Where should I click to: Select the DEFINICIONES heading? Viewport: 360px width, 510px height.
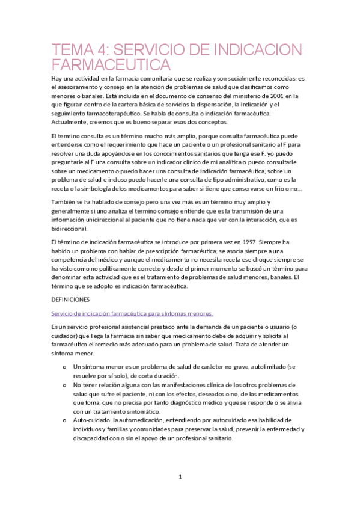[70, 299]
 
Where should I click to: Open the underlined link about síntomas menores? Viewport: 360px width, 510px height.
[132, 313]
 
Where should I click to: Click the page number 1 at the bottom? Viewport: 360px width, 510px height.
[180, 477]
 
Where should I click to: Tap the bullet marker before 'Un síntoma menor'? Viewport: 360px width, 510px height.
[64, 366]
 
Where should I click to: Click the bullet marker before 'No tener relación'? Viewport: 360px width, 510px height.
[64, 384]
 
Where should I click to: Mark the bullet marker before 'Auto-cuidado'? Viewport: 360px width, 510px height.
[64, 420]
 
